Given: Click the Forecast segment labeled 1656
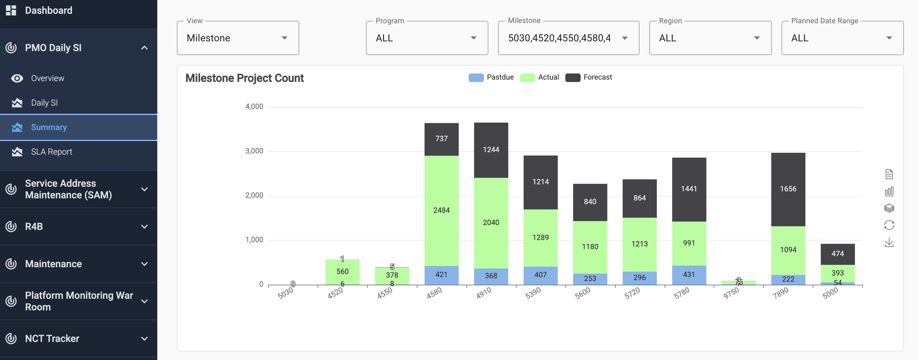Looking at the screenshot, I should coord(788,189).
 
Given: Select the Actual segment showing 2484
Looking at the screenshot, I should coord(441,210).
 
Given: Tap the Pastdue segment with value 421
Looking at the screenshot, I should coord(441,275).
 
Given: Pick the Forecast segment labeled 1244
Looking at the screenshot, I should coord(491,150).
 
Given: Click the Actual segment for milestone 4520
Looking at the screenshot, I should coord(342,272).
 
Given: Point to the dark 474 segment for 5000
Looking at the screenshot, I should coord(837,254).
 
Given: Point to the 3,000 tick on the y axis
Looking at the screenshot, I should coord(254,151).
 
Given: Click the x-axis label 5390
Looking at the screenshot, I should coord(533,293).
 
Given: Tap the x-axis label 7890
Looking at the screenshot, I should coord(780,293).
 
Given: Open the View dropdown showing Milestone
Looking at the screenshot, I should coord(238,38).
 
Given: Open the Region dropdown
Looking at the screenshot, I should coord(710,38).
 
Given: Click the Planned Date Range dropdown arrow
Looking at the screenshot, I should coord(889,38).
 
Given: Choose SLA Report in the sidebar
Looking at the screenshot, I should coord(51,152).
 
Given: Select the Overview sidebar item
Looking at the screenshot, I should coord(47,78).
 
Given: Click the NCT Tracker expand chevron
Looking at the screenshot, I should coord(144,339).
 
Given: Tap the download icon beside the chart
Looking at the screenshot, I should coord(889,243).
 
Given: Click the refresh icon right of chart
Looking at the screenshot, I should coord(889,225).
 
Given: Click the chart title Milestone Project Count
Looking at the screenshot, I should coord(244,78).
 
